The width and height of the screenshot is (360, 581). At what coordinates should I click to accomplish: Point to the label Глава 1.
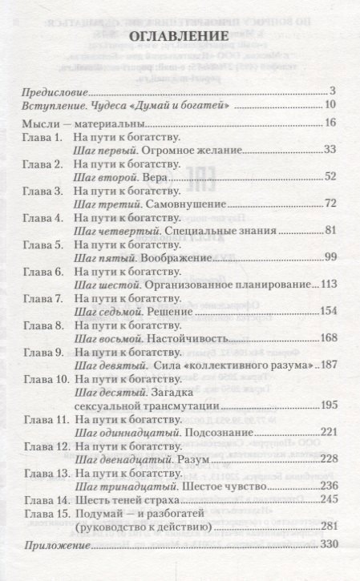(x=44, y=139)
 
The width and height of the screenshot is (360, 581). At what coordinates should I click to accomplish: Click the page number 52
(x=337, y=179)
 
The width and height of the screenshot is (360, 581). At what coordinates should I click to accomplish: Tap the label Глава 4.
(x=44, y=219)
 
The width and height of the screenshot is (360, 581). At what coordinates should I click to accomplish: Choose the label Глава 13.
(x=46, y=470)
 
